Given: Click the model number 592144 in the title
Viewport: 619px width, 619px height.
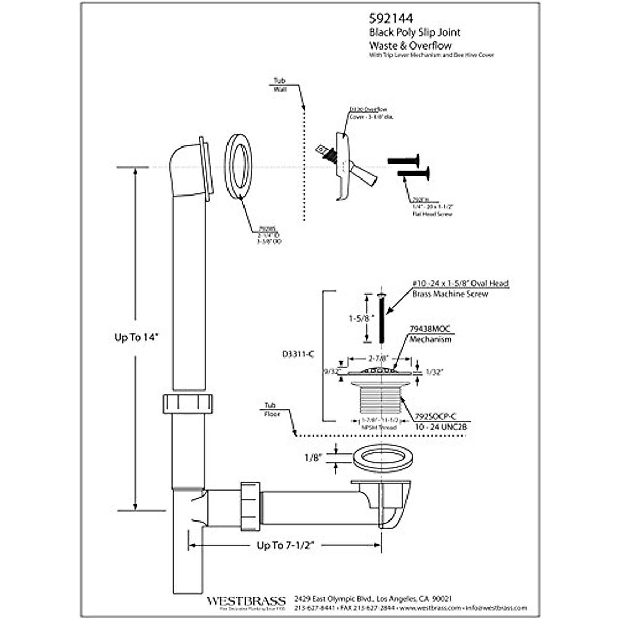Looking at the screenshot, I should point(390,19).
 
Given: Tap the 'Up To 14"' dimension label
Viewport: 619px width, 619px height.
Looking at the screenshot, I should point(136,337).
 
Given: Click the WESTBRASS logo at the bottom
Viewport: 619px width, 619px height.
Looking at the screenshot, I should point(246,601).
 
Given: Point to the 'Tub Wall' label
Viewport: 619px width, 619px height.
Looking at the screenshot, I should point(280,85).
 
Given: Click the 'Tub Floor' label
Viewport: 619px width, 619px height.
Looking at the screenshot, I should point(271,410).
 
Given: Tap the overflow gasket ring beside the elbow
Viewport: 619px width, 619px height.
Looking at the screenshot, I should point(238,166).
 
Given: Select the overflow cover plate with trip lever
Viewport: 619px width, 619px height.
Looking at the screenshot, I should point(343,165).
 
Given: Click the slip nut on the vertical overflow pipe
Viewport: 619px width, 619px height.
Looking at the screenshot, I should point(188,403).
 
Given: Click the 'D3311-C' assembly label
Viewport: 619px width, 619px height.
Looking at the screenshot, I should point(298,354).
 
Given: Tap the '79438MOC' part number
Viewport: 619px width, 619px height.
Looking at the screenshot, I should point(429,329).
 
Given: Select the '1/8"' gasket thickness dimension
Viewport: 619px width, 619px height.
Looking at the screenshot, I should point(313,458).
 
